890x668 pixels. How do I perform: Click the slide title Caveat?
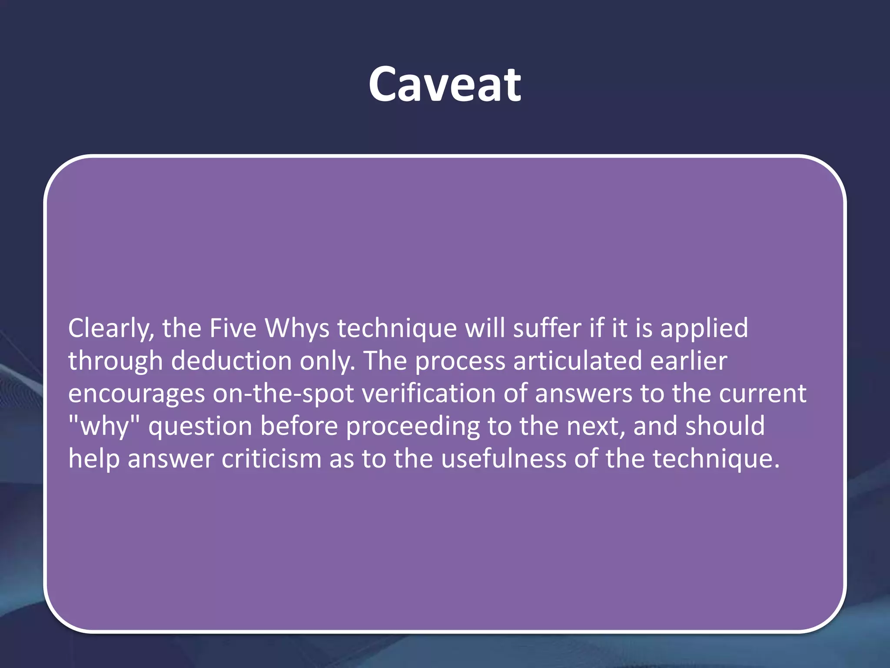(445, 84)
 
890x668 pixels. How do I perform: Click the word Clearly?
(111, 328)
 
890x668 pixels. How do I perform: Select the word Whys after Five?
(297, 328)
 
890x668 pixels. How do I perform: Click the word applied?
(704, 328)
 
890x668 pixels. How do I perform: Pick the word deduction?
(231, 361)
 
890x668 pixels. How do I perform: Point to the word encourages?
(136, 394)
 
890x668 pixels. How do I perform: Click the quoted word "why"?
(104, 426)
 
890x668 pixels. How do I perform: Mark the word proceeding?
(413, 426)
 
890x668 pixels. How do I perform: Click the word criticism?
(271, 459)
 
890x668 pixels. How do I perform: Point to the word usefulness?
(504, 459)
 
